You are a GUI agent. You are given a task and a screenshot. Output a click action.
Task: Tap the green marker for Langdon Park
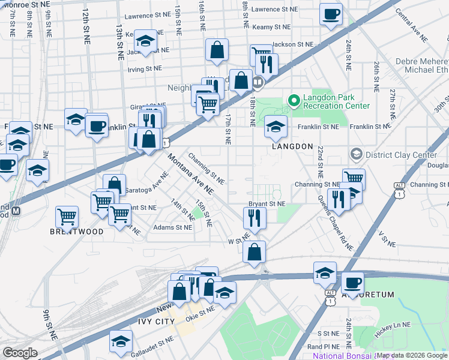coord(294,100)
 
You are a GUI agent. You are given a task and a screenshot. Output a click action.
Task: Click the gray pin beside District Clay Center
coord(356,155)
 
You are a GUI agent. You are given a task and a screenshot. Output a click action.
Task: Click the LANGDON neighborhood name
coord(292,146)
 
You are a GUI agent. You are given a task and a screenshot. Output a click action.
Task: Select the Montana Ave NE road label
coord(190,174)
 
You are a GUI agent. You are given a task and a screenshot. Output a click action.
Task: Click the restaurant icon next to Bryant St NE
coord(255,219)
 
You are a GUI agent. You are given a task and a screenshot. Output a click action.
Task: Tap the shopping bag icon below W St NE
coord(255,252)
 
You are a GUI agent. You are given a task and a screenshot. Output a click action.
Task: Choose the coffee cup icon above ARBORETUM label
coord(352,282)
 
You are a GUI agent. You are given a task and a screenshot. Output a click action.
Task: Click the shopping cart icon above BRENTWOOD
coord(67,216)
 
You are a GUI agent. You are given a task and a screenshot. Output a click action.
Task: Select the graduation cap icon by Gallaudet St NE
coord(121,340)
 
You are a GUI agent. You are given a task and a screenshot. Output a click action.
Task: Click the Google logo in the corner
coord(20,353)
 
